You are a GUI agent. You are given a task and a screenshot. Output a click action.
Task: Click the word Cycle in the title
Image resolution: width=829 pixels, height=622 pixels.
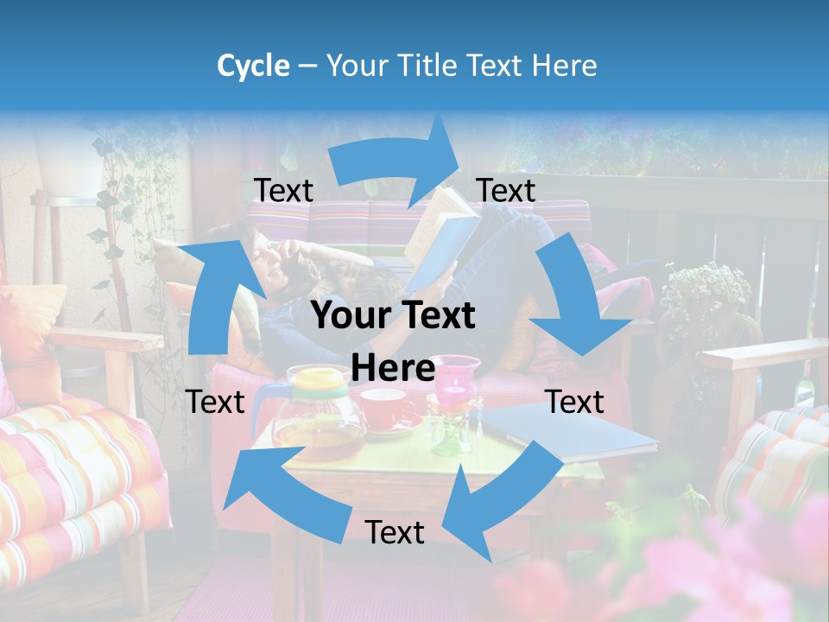[253, 66]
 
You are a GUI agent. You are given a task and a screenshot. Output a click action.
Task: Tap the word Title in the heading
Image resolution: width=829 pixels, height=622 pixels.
[430, 66]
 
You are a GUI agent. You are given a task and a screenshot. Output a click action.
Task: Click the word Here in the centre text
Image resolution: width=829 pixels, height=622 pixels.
[393, 368]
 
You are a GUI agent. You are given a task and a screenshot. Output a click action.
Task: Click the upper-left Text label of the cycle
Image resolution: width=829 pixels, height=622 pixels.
[283, 191]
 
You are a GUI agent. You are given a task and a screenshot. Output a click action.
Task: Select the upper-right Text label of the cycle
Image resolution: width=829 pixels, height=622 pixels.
[506, 190]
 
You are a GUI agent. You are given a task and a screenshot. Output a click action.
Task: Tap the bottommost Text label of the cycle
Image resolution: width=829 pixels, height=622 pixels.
[395, 532]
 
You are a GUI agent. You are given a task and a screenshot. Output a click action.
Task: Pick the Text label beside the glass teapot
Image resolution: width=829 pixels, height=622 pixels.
[215, 402]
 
